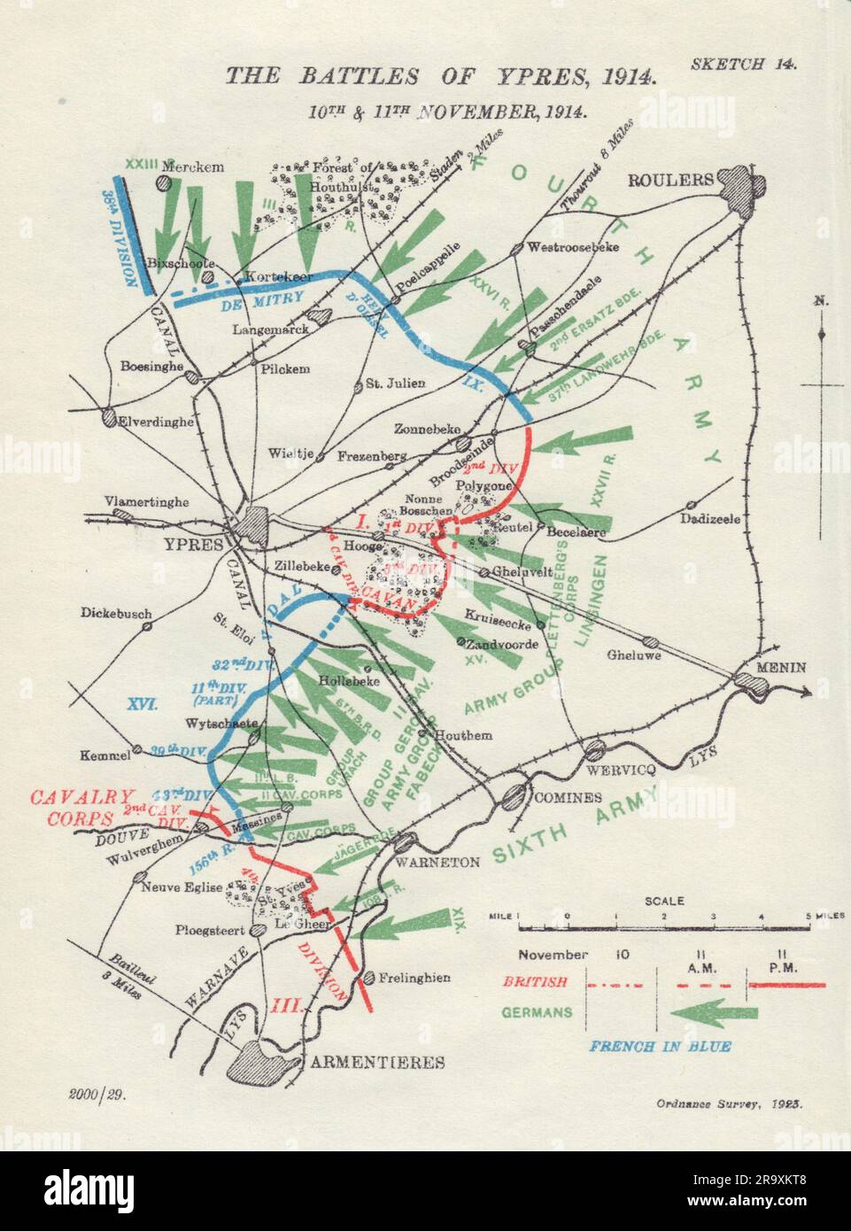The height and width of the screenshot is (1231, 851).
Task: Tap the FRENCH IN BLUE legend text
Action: coord(661,1046)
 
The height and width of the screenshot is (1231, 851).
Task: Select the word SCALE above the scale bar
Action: coord(664,902)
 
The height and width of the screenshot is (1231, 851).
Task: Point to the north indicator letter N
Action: coord(822,302)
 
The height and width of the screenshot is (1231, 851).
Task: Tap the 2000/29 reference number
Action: coord(97,1095)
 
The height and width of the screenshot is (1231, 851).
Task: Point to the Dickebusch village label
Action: coord(116,612)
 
